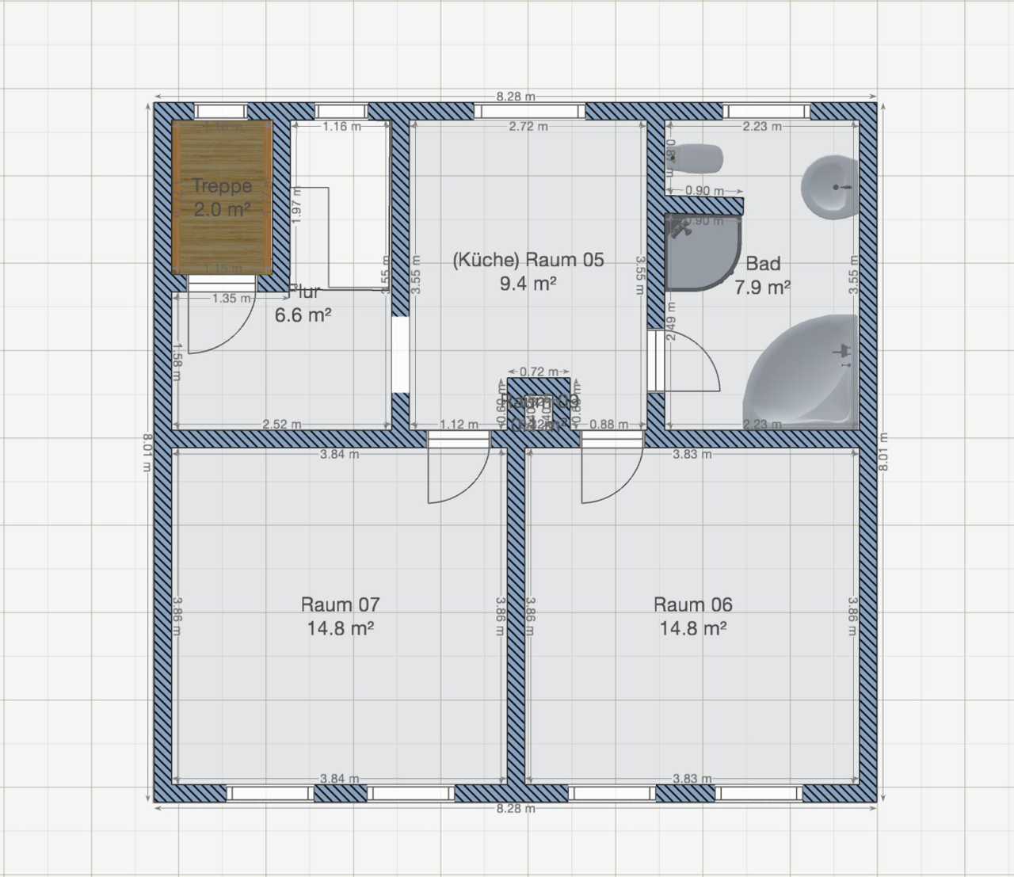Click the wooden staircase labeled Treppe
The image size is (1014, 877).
point(223,196)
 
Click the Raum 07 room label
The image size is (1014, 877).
point(340,604)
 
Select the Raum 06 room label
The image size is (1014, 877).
point(692,604)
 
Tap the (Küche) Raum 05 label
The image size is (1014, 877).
point(528,260)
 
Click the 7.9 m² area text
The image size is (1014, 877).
point(761,288)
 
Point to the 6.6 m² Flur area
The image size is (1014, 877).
point(302,315)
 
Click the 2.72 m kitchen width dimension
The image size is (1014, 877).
point(528,126)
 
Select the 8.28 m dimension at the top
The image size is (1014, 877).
point(515,97)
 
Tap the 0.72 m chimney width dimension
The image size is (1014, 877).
point(539,372)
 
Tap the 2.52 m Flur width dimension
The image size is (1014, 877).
point(281,425)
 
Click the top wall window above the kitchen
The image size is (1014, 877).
point(528,111)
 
